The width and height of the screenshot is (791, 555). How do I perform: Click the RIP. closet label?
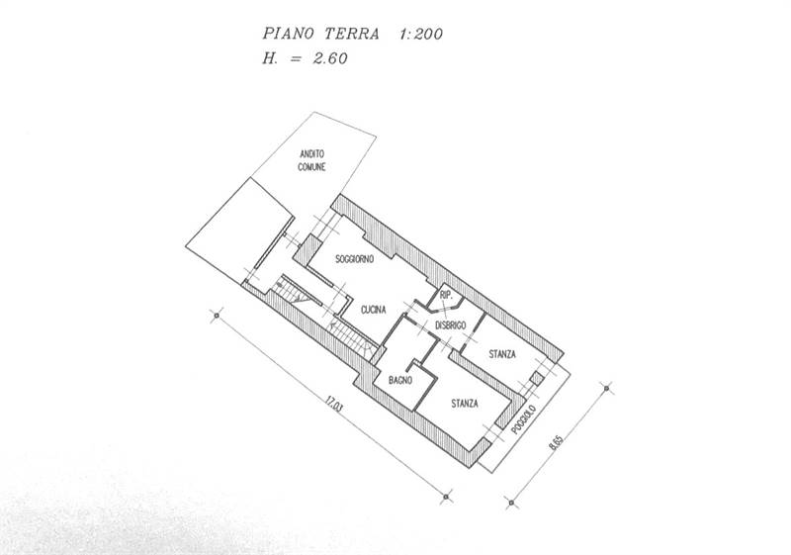click(x=446, y=297)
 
